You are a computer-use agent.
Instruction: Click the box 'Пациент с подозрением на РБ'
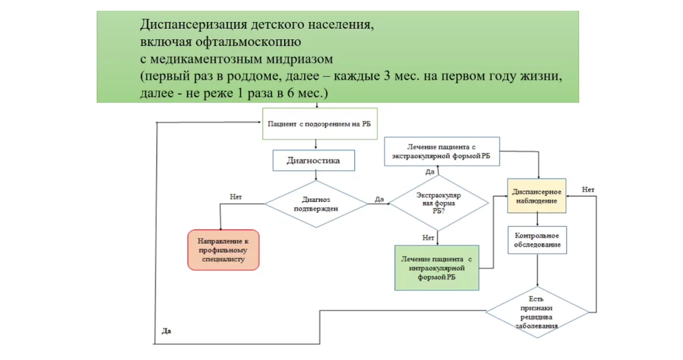click(314, 123)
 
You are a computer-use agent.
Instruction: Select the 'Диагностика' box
click(313, 161)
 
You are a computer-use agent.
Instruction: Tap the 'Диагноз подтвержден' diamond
click(316, 204)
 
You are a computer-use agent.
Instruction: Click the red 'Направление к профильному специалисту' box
click(223, 250)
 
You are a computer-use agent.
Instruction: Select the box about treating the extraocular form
click(441, 151)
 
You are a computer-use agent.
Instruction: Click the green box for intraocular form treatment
click(437, 267)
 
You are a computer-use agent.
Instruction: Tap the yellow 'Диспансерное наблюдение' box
click(537, 195)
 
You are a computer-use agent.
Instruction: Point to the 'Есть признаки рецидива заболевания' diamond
click(537, 312)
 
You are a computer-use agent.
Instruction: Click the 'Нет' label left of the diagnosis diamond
click(235, 197)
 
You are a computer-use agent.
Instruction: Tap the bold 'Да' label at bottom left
click(167, 331)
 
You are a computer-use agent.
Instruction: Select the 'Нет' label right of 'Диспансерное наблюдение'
click(588, 189)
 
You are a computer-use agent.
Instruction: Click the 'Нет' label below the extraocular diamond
click(428, 237)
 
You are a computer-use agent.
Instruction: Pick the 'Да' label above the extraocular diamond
click(430, 172)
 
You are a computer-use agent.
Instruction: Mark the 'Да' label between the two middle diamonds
click(379, 199)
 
